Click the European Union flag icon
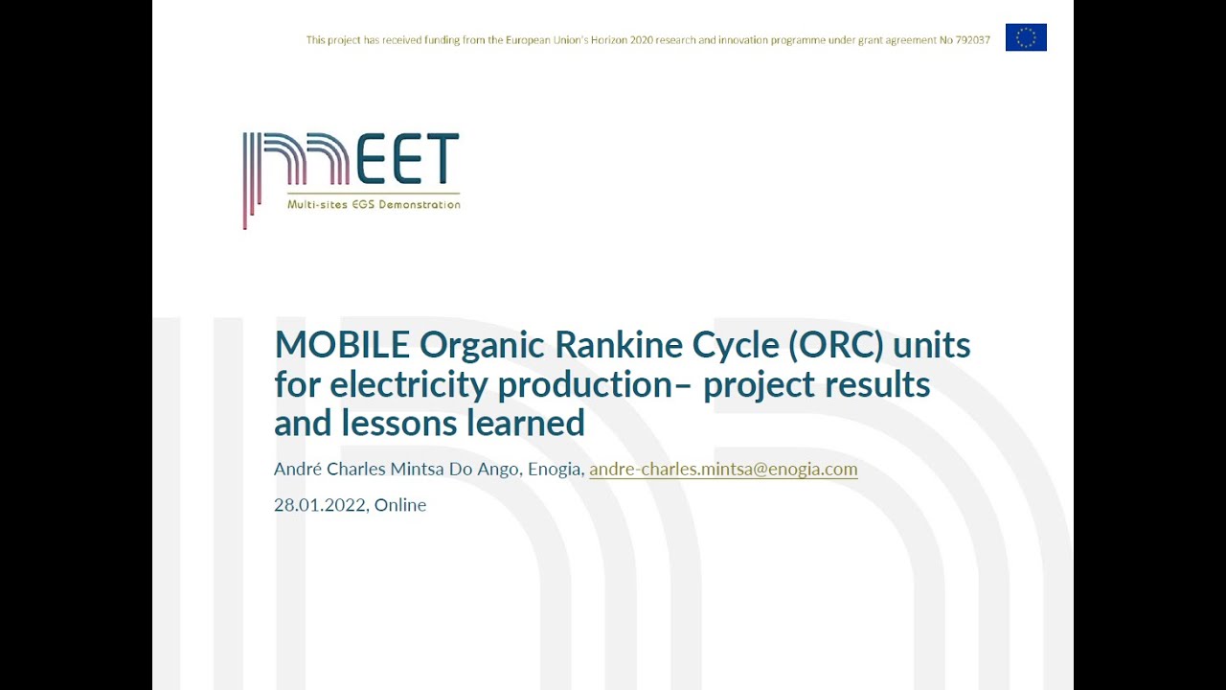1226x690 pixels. [x=1026, y=37]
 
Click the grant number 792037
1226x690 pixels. [x=972, y=40]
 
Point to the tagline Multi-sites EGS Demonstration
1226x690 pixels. [x=374, y=204]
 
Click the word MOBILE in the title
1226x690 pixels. [x=342, y=344]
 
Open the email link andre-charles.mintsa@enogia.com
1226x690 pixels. [x=723, y=469]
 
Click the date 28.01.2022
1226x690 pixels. [x=320, y=505]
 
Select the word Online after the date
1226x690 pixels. [x=400, y=505]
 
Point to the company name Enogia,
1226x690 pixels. [x=556, y=469]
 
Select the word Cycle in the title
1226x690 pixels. [x=734, y=344]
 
